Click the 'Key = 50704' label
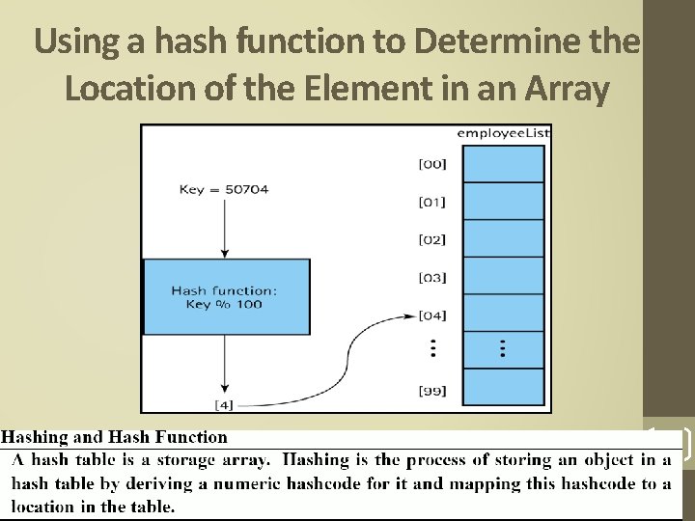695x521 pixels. (x=224, y=189)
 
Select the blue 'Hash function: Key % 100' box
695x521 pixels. (x=227, y=296)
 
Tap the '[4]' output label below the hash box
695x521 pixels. (x=223, y=402)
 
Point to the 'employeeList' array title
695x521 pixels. (x=503, y=132)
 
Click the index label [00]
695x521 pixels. (x=431, y=164)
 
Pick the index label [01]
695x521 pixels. (x=431, y=202)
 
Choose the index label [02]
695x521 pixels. (x=431, y=239)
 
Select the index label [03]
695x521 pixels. (x=431, y=277)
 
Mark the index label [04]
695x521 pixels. (x=431, y=315)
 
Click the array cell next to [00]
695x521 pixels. (x=503, y=164)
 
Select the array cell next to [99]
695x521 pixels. (x=503, y=388)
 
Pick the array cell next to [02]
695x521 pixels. (x=503, y=239)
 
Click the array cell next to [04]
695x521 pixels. (x=503, y=314)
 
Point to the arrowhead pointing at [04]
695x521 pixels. (x=410, y=315)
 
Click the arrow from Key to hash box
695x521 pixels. (x=224, y=227)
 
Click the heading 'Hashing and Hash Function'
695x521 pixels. (x=116, y=437)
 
